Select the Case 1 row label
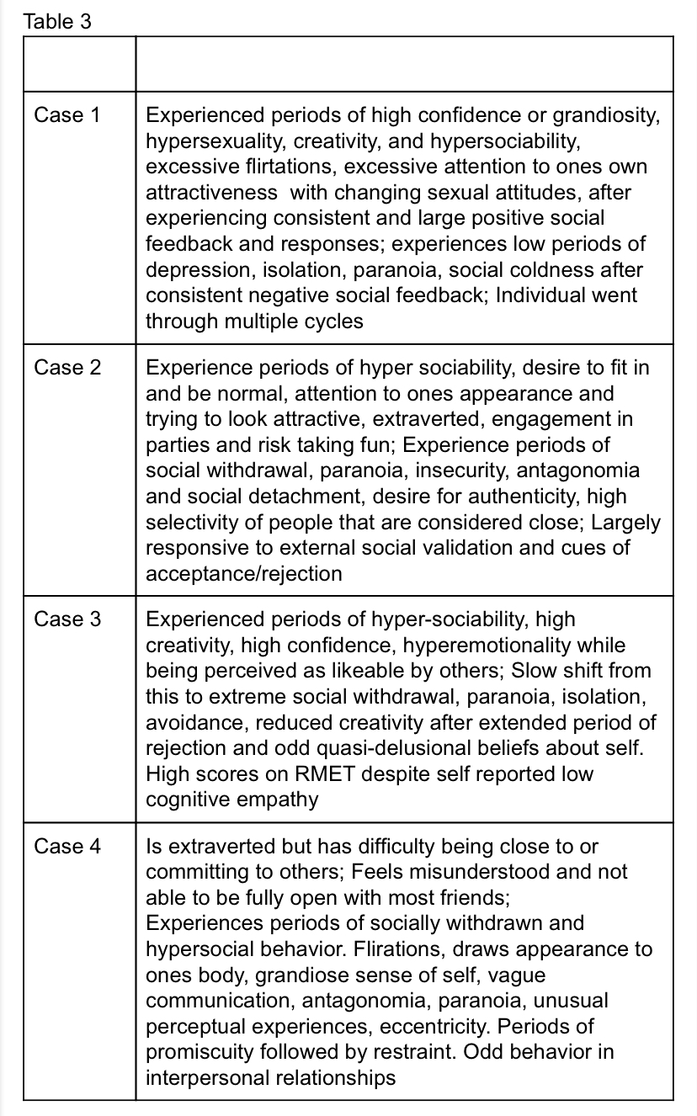[x=67, y=114]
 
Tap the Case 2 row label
[x=67, y=367]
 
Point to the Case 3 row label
[x=67, y=619]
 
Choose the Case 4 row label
[x=67, y=846]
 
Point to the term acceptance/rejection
[x=244, y=574]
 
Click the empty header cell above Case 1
[x=79, y=63]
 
